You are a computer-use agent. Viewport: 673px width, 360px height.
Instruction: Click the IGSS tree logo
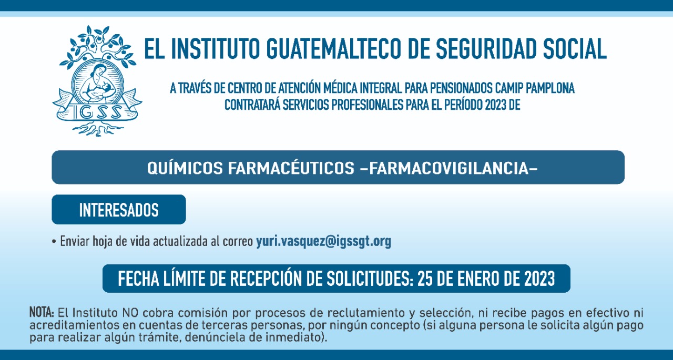97,81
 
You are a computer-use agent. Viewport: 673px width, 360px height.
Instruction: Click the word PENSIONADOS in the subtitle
461,88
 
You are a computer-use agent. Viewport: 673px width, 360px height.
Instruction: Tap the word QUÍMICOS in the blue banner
185,168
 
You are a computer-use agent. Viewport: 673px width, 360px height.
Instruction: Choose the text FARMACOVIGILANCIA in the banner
448,168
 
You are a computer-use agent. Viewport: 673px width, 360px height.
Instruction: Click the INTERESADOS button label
119,210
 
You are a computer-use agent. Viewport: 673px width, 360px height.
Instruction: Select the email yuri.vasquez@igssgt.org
323,241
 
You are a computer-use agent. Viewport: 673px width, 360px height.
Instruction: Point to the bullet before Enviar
54,242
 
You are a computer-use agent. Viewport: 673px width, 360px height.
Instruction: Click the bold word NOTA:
42,313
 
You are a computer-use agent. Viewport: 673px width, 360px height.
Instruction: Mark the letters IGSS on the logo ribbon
97,112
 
